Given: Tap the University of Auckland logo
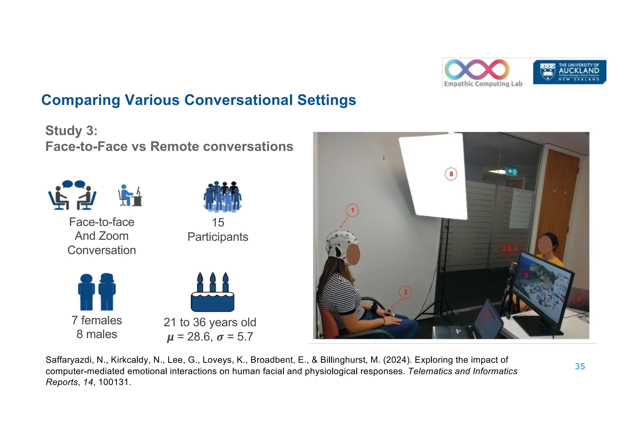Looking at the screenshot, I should (x=569, y=72).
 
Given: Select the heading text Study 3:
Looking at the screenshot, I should (x=71, y=131).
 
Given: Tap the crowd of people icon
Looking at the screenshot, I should (x=222, y=196).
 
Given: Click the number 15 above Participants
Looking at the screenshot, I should (x=218, y=223).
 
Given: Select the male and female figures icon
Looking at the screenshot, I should (x=97, y=292).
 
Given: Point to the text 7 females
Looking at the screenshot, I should (x=97, y=320).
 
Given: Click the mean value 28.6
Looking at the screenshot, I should (x=199, y=337).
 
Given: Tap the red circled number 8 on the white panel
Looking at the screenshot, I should (x=451, y=174).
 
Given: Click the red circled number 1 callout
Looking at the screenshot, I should (x=352, y=210).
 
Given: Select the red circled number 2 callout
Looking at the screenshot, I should (x=405, y=292).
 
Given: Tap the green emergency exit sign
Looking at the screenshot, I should (x=512, y=172).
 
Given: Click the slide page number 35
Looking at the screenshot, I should (x=580, y=366).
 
